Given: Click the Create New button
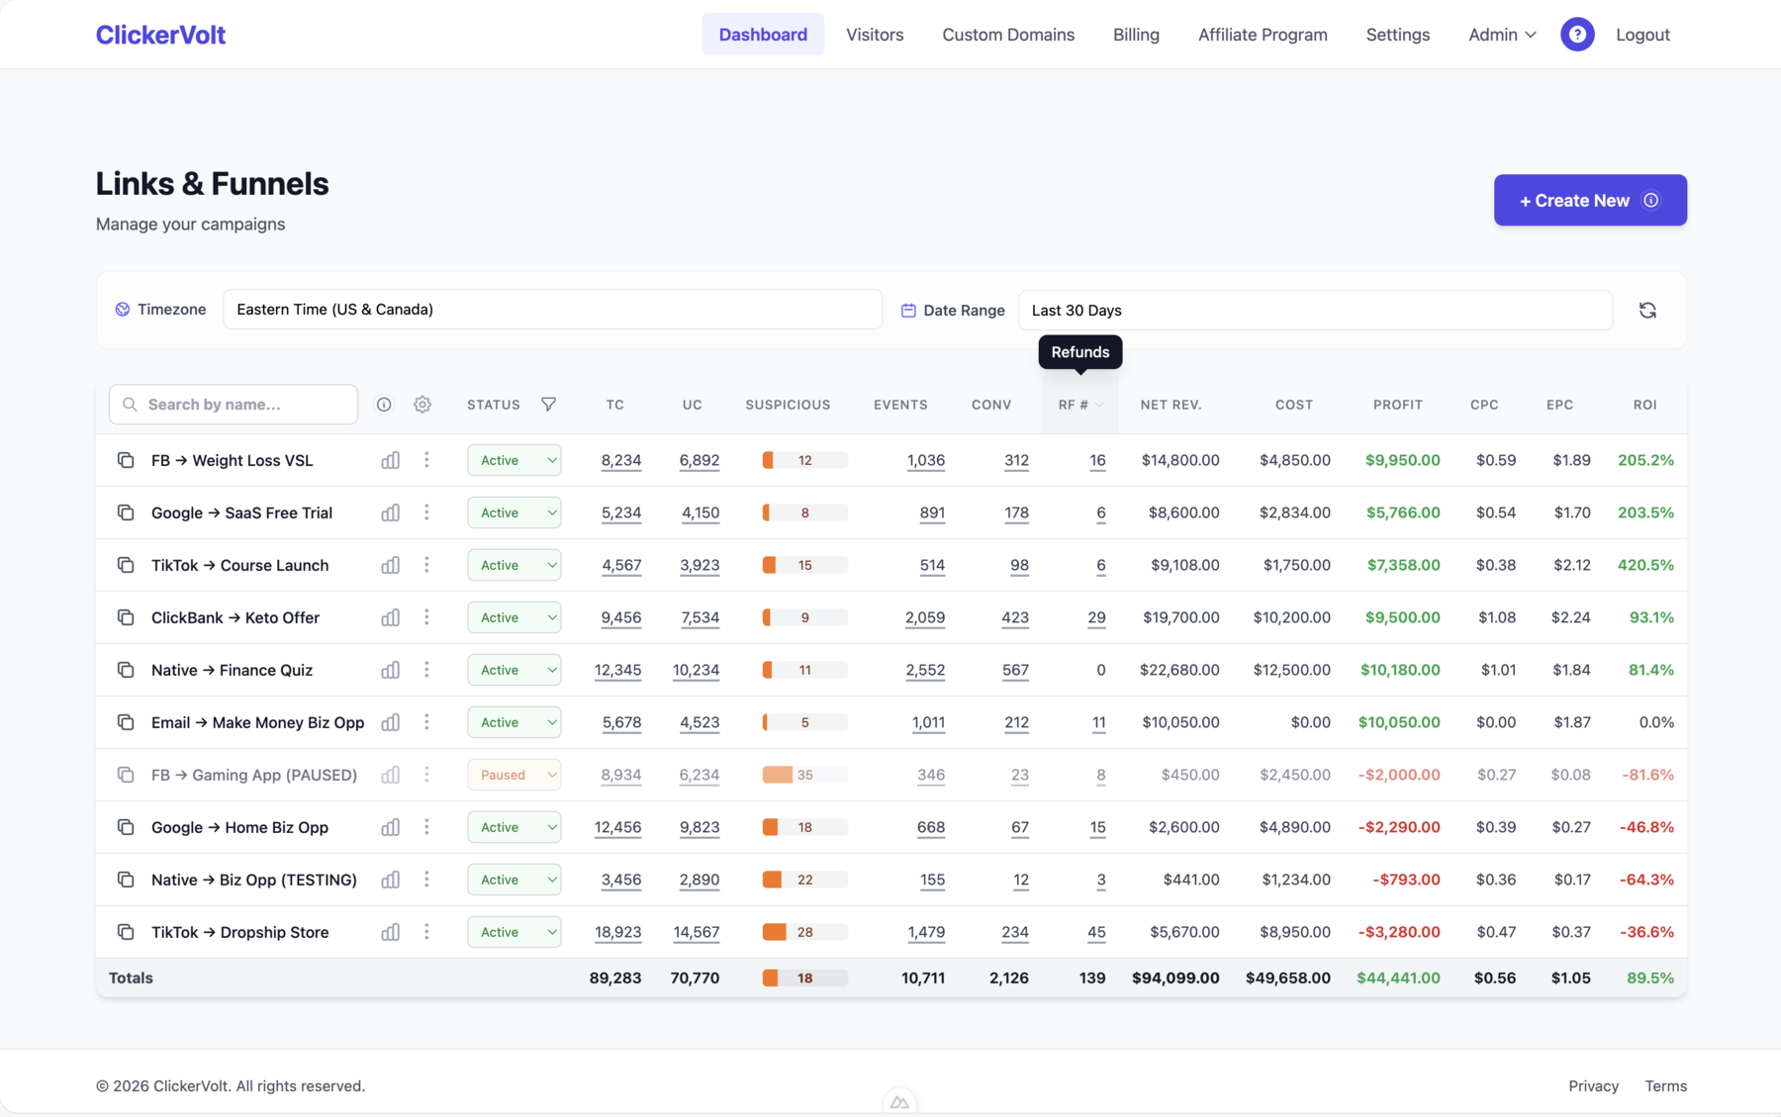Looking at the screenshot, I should pyautogui.click(x=1589, y=200).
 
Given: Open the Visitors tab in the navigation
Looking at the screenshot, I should pyautogui.click(x=874, y=35).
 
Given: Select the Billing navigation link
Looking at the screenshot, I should pyautogui.click(x=1135, y=35).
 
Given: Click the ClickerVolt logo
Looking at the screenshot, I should pyautogui.click(x=160, y=35).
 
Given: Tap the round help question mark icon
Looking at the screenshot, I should pyautogui.click(x=1576, y=35).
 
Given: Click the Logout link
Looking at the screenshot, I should pyautogui.click(x=1641, y=35).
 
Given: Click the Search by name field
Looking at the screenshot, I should pyautogui.click(x=234, y=405).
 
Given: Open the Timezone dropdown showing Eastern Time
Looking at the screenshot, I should pyautogui.click(x=552, y=310).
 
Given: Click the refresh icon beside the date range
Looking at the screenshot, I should pyautogui.click(x=1646, y=311).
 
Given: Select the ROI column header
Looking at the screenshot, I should pyautogui.click(x=1643, y=405).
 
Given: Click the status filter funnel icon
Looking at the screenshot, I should pyautogui.click(x=548, y=405).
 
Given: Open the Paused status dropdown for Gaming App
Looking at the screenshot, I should pyautogui.click(x=514, y=775).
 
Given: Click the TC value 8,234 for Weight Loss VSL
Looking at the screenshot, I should pyautogui.click(x=620, y=460).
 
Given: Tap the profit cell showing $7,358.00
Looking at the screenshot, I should pyautogui.click(x=1402, y=565).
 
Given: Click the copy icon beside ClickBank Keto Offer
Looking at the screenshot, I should pyautogui.click(x=126, y=617).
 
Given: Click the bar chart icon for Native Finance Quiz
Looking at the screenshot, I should pyautogui.click(x=391, y=670).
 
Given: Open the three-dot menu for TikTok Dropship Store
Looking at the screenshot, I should pyautogui.click(x=426, y=932).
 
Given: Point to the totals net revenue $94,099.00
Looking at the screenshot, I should pyautogui.click(x=1174, y=977).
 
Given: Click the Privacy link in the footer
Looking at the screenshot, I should pyautogui.click(x=1593, y=1085).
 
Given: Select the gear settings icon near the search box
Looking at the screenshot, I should pyautogui.click(x=422, y=405).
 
